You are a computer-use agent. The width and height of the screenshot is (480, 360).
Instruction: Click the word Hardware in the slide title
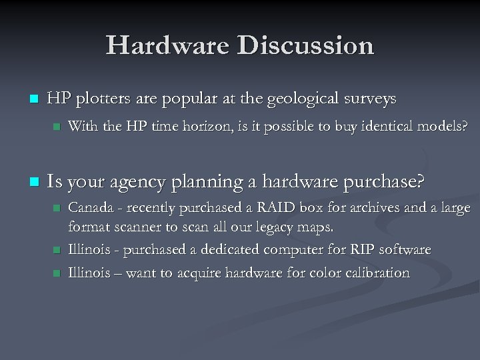[x=167, y=45]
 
